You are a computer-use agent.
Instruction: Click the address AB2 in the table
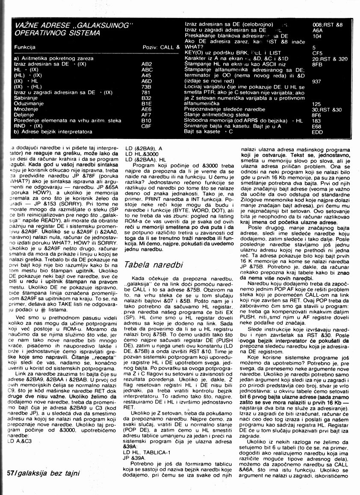coord(146,63)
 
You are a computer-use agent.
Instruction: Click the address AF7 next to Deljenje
coord(147,115)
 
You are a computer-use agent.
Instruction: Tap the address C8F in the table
coord(147,126)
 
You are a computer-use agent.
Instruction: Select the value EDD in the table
coord(317,133)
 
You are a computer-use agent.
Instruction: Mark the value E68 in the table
coord(317,127)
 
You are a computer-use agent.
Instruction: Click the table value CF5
coord(317,53)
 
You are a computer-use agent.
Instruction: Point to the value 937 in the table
coord(316,81)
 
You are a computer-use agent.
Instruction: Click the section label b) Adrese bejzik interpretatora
coord(47,132)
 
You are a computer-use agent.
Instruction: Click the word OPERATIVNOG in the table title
coord(39,32)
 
